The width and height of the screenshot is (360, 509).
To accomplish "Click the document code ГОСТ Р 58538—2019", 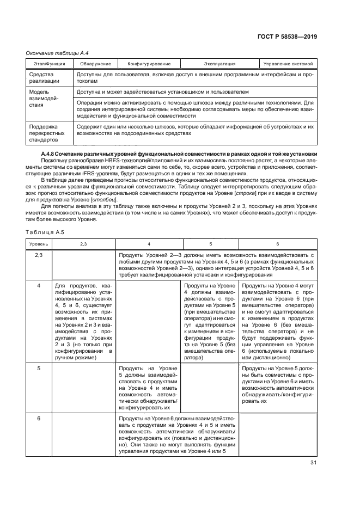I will (x=288, y=37).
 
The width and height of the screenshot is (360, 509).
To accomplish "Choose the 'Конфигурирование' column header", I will (x=149, y=64).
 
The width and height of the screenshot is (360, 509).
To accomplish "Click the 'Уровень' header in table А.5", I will (x=38, y=243).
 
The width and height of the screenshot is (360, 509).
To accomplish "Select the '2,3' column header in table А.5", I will (x=83, y=243).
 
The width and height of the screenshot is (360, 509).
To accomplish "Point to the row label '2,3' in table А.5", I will (x=39, y=254).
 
